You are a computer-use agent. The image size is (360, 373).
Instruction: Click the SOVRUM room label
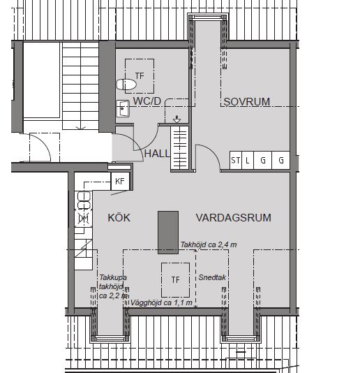[247, 102]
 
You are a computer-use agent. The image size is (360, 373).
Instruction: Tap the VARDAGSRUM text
[233, 218]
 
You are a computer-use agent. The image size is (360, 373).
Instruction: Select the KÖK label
[119, 217]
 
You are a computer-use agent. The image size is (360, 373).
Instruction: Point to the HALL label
[157, 154]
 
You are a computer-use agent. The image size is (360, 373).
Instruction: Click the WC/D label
[147, 101]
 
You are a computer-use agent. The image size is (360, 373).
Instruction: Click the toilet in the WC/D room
[126, 85]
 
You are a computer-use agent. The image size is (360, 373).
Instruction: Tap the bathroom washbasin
[123, 108]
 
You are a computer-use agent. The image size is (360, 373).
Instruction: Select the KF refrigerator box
[120, 181]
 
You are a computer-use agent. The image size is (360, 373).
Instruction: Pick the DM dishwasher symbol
[84, 218]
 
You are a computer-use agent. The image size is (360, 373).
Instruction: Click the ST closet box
[236, 160]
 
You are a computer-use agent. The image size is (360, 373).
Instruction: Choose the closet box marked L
[248, 160]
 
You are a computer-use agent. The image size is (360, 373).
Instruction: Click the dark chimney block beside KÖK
[168, 233]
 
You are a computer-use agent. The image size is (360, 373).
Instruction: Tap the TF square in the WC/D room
[140, 76]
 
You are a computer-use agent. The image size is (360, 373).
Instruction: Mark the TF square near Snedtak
[175, 279]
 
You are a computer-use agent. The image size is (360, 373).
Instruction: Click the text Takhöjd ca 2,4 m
[209, 244]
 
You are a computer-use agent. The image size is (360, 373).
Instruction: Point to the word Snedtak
[212, 277]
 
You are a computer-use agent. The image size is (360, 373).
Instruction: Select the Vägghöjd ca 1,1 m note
[161, 302]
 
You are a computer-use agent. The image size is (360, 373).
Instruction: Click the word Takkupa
[113, 277]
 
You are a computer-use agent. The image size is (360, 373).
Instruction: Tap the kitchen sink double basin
[84, 200]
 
